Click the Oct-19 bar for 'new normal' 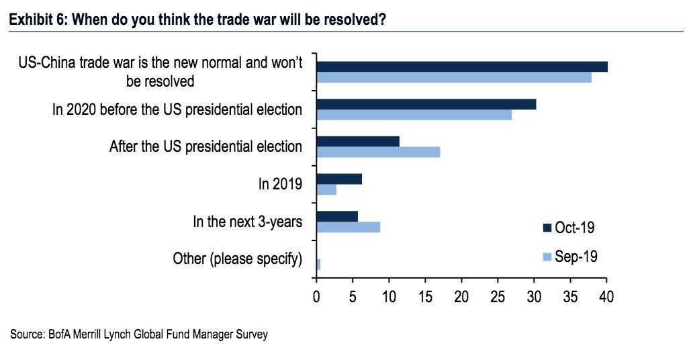coord(462,66)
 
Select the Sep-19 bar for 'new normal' coord(454,77)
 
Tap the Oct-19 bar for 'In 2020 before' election coord(426,104)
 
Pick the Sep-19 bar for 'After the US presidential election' coord(378,152)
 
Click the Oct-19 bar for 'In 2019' coord(339,179)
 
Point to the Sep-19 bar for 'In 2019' coord(326,189)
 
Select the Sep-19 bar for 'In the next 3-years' coord(349,227)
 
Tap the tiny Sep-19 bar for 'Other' coord(318,265)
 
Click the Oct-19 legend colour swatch coord(546,228)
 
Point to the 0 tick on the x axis coord(316,296)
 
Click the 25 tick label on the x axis coord(498,296)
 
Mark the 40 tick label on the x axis coord(606,296)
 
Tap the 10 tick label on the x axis coord(389,296)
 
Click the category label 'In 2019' coord(280,184)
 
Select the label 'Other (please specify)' coord(237,259)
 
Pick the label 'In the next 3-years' coord(247,221)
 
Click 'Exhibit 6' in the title coord(34,20)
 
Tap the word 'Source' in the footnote coord(25,334)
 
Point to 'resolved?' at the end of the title coord(359,20)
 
